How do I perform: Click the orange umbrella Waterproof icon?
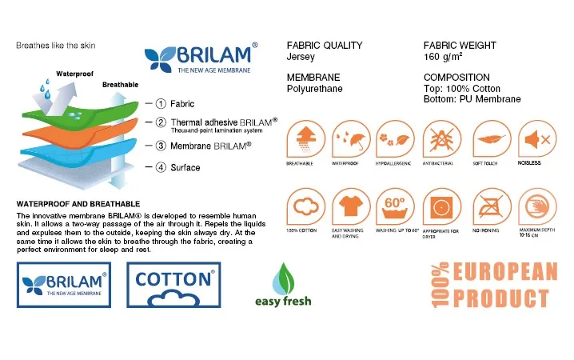(x=351, y=139)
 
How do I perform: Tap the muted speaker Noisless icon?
(x=537, y=139)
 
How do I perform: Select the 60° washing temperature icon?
(x=396, y=207)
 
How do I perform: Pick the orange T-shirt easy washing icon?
(x=351, y=207)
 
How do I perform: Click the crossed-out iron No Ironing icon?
(x=492, y=207)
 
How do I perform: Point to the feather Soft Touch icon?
(x=492, y=139)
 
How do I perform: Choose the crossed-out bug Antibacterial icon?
(x=442, y=139)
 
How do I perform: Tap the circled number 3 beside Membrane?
(x=161, y=146)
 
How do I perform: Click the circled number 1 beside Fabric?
(x=161, y=104)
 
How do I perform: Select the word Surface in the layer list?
(x=185, y=168)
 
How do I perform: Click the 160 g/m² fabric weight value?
(x=443, y=56)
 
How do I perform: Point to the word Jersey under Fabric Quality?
(x=301, y=57)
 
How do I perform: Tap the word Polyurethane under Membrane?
(x=315, y=89)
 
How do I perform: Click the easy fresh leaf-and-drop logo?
(x=283, y=285)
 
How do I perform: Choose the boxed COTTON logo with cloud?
(x=173, y=285)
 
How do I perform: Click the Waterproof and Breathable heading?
(x=78, y=204)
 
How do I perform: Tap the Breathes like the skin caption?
(x=56, y=46)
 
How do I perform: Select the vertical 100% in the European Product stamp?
(x=440, y=285)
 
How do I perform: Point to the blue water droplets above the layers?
(x=45, y=90)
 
